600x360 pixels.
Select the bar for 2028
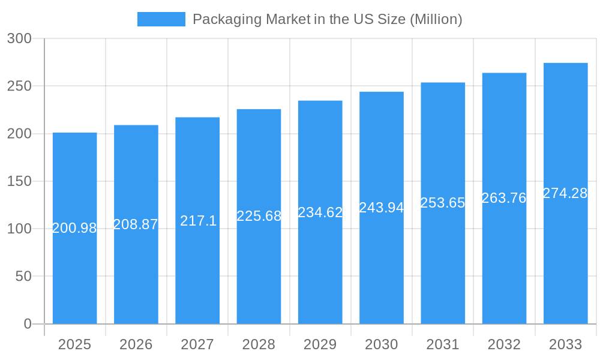pyautogui.click(x=259, y=270)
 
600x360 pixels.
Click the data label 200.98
pyautogui.click(x=74, y=228)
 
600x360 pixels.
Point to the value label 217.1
pyautogui.click(x=198, y=221)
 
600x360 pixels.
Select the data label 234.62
pyautogui.click(x=320, y=212)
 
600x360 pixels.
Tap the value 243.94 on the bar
pyautogui.click(x=382, y=208)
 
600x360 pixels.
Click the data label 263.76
pyautogui.click(x=504, y=198)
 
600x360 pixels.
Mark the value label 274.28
pyautogui.click(x=565, y=193)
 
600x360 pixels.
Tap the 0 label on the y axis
pyautogui.click(x=28, y=324)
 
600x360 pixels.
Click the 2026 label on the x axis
pyautogui.click(x=136, y=344)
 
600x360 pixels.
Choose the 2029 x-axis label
pyautogui.click(x=320, y=344)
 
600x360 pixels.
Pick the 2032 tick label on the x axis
pyautogui.click(x=504, y=344)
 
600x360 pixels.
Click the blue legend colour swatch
pyautogui.click(x=161, y=19)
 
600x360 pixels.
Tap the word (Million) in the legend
pyautogui.click(x=436, y=19)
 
